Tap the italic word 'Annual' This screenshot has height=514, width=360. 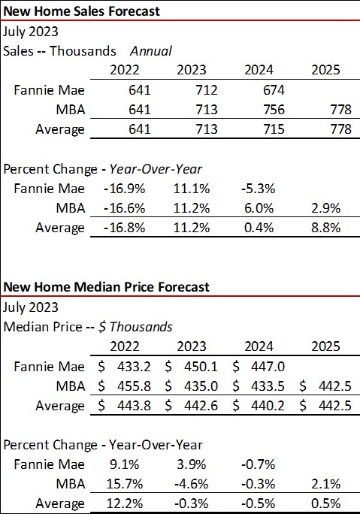pyautogui.click(x=151, y=51)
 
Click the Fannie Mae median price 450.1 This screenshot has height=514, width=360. pyautogui.click(x=200, y=367)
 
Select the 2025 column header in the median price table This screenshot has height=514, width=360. pyautogui.click(x=326, y=346)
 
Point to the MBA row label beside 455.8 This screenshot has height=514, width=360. pyautogui.click(x=70, y=386)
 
